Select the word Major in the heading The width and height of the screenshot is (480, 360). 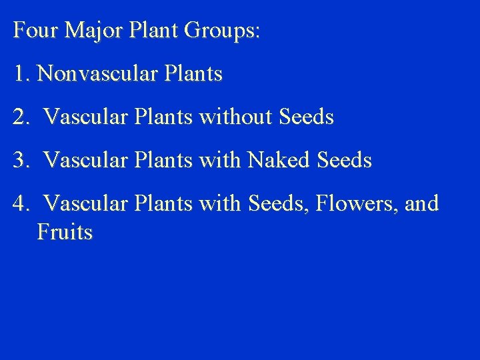point(85,31)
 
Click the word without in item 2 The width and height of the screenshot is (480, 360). point(241,117)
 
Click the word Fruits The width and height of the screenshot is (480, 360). point(65,232)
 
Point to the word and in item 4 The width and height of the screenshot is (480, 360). point(421,203)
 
